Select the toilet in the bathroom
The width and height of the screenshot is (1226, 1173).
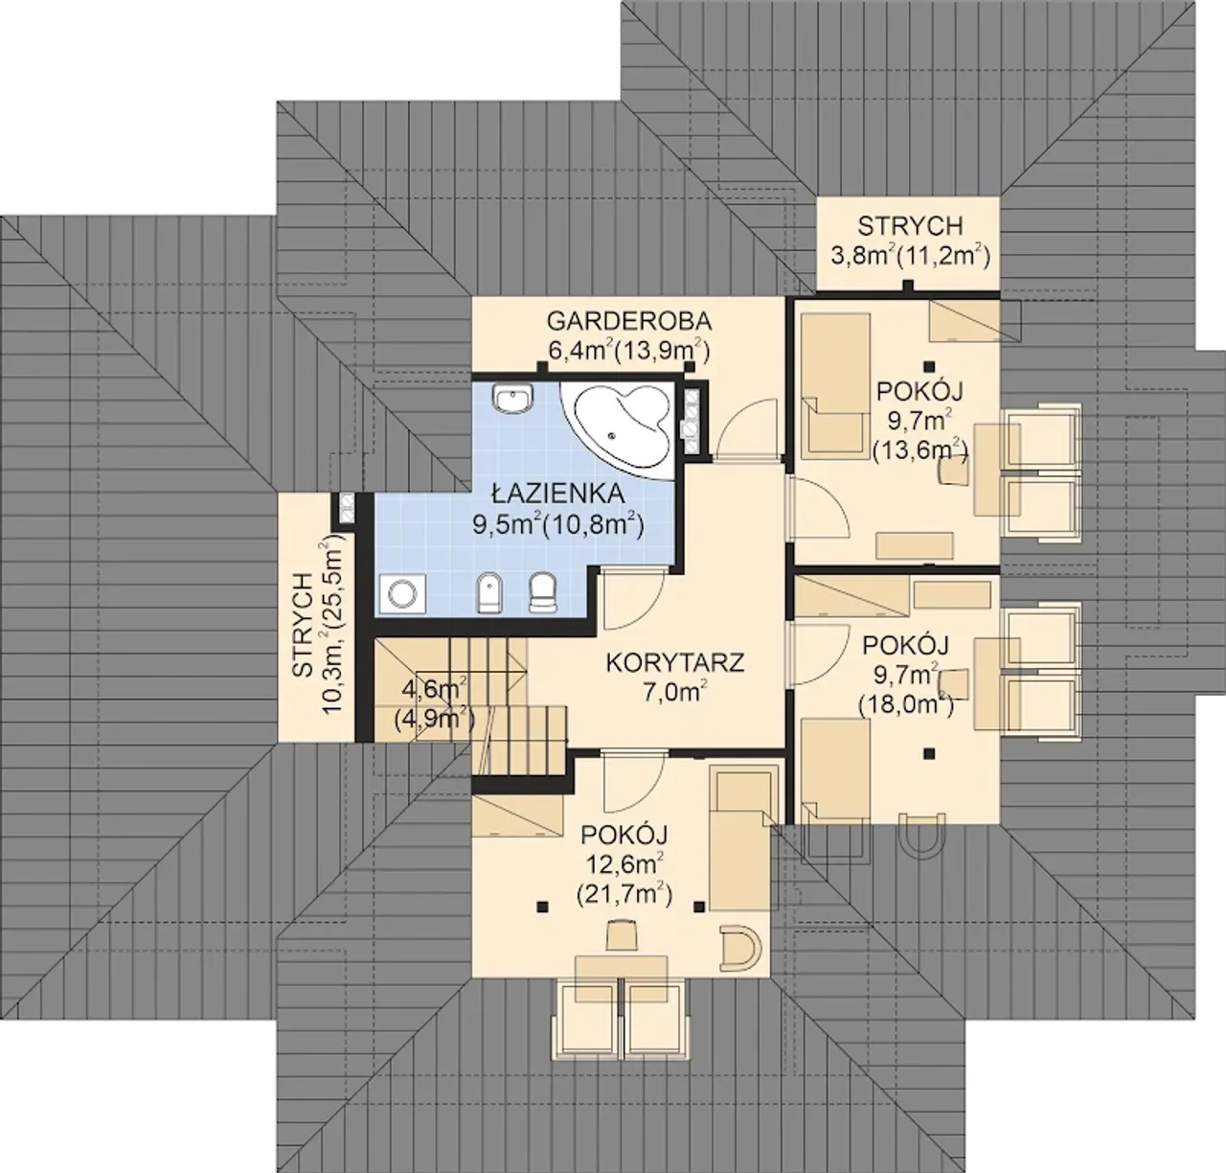[x=543, y=591]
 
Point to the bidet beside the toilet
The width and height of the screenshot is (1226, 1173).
[x=490, y=592]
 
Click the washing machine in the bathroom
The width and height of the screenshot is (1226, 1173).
[x=401, y=592]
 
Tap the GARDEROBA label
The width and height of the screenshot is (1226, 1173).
[x=628, y=321]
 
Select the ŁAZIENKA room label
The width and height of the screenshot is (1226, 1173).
[x=558, y=493]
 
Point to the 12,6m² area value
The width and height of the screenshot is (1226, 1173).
[x=624, y=863]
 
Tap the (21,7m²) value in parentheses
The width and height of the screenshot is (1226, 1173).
[x=624, y=894]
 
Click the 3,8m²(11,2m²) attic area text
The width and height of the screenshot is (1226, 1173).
[x=910, y=256]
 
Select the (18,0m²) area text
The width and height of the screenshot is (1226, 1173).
[x=906, y=704]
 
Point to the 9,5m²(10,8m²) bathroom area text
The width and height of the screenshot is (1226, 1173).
[x=558, y=525]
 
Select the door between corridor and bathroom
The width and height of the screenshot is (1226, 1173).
[x=631, y=598]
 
